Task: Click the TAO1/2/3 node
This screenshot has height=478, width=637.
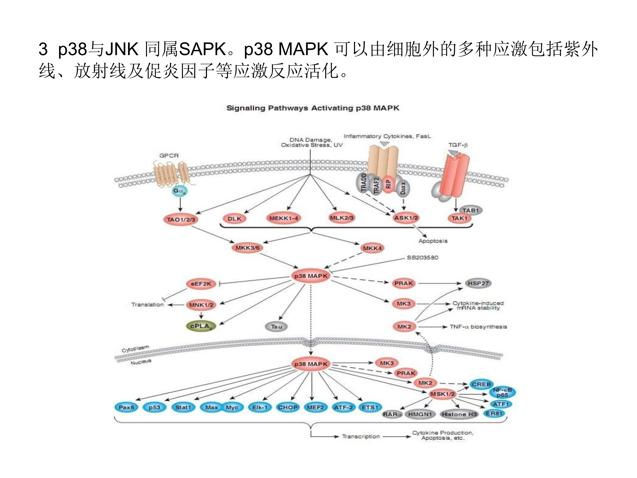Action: (181, 219)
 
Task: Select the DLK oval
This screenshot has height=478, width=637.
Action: (234, 219)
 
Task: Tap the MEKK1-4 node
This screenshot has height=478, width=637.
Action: (283, 218)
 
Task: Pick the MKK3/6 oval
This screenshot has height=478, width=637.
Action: (247, 248)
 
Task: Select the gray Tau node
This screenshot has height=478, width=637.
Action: (276, 327)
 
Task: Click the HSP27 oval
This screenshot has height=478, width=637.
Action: (478, 283)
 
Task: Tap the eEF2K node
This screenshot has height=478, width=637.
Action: (201, 284)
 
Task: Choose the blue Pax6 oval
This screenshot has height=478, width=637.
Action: (126, 407)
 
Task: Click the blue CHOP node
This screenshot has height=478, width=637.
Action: (288, 407)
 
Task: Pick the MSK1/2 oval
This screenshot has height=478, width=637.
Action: (442, 394)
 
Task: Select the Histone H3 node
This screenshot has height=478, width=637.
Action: (459, 414)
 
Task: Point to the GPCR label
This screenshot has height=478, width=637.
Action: (169, 156)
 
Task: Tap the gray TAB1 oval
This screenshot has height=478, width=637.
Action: (471, 210)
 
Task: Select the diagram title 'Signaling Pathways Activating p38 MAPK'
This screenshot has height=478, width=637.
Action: (313, 108)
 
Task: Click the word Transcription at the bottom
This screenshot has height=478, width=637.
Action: (361, 437)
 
